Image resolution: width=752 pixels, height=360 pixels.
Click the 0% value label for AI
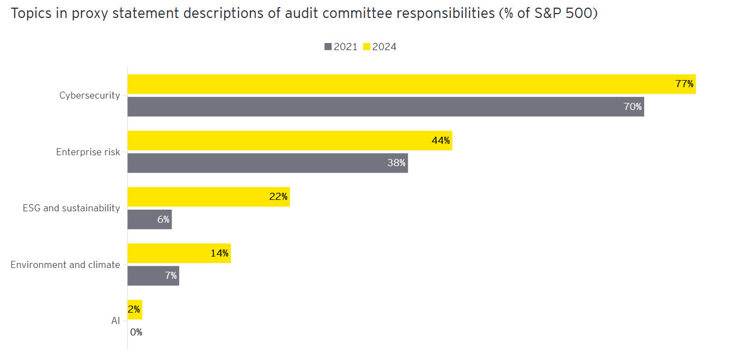click(136, 332)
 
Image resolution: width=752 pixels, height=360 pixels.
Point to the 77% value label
click(684, 84)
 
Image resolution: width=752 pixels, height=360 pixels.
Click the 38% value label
click(396, 163)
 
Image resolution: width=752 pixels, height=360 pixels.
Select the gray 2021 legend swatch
click(328, 47)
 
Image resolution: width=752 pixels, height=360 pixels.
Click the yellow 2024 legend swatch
click(366, 47)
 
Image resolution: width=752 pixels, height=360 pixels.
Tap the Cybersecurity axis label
click(89, 95)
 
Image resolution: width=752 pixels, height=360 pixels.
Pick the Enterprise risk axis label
click(88, 152)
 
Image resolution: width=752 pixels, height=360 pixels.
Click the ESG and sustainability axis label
click(71, 208)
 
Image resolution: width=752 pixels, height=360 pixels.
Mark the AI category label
click(115, 321)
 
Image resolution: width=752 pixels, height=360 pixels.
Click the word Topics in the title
click(31, 14)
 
